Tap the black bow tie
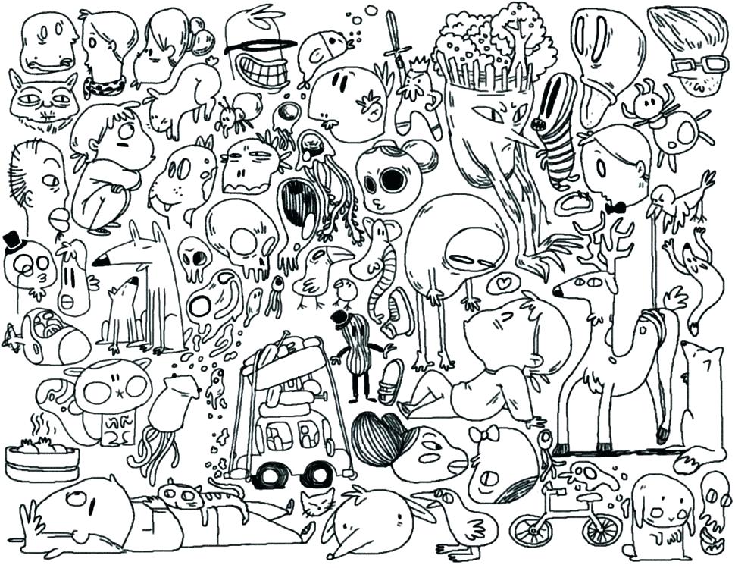[x=615, y=206]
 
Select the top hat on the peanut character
[x=343, y=317]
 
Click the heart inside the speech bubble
[x=500, y=284]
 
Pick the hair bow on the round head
[x=483, y=434]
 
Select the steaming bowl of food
[x=42, y=458]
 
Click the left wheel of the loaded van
[x=265, y=475]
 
